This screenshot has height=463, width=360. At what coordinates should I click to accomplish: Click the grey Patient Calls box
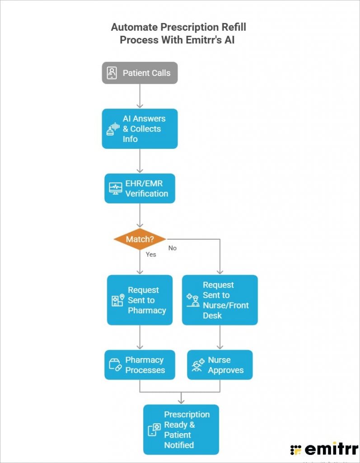coord(140,73)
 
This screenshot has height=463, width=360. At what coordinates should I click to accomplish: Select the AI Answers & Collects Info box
coord(140,129)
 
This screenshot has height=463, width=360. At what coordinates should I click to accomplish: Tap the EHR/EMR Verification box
coord(140,188)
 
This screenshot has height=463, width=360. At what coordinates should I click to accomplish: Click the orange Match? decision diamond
coord(140,239)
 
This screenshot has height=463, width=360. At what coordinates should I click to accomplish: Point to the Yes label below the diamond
coord(151,254)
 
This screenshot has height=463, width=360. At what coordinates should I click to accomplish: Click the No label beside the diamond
coord(173,248)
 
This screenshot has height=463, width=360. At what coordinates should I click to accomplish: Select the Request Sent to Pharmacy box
coord(140,300)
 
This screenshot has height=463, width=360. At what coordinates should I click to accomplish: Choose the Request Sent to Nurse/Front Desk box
coord(220,300)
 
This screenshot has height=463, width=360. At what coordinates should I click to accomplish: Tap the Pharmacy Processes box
coord(140,365)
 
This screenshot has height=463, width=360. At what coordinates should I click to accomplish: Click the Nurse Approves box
coord(220,365)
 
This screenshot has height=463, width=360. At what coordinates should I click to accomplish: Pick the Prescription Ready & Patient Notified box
coord(181,430)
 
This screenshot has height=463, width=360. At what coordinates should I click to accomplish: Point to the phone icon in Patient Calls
coord(112,73)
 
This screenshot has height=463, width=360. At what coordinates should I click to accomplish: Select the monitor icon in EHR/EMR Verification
coord(115,188)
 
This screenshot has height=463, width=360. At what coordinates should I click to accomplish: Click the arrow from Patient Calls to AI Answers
coord(140,96)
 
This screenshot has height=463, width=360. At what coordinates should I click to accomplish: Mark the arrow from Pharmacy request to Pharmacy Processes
coord(140,337)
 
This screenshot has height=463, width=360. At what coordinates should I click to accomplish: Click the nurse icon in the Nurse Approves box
coord(198,365)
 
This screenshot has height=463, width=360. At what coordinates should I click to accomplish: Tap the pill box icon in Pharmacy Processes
coord(115,365)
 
